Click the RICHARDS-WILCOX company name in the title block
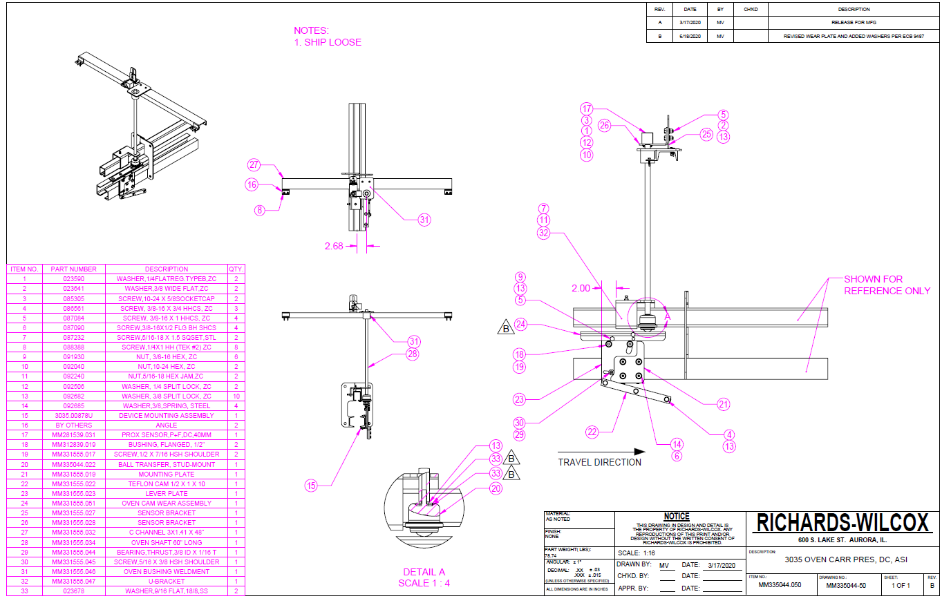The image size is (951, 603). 843,523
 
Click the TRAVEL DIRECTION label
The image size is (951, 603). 599,462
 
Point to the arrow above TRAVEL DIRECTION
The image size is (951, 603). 601,452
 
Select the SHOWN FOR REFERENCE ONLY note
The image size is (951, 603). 887,285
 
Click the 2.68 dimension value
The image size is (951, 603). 333,246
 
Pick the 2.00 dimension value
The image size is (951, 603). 581,288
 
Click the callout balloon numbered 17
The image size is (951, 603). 587,108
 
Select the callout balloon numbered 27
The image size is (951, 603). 254,164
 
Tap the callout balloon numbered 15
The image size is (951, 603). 311,486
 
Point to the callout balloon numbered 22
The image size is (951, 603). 592,432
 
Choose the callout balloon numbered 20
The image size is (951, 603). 496,488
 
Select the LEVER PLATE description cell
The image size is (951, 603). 167,494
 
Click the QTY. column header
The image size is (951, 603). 236,269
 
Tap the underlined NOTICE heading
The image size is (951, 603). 677,516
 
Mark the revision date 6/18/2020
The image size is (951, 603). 690,36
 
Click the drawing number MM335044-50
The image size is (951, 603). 846,586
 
